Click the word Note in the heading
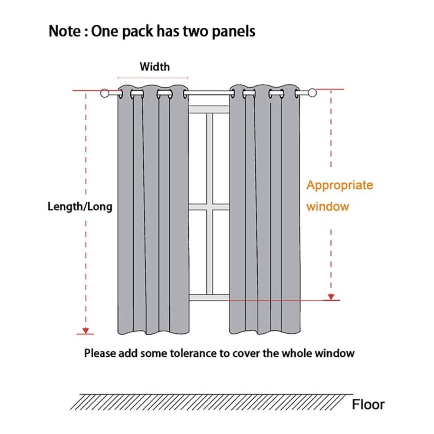(x=65, y=31)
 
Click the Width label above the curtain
(x=155, y=67)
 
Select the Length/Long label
(x=80, y=207)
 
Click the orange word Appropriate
(x=340, y=185)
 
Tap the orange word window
(x=327, y=207)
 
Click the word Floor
(x=368, y=404)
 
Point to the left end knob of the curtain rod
(x=105, y=93)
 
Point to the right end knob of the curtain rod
(x=312, y=93)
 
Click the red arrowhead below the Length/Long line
(x=86, y=330)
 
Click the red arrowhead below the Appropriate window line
(x=331, y=297)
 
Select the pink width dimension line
(x=153, y=78)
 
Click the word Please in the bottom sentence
(x=100, y=353)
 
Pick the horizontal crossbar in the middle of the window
(x=209, y=207)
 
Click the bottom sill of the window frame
(x=209, y=298)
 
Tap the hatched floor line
(x=212, y=401)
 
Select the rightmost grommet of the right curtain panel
(x=297, y=94)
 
